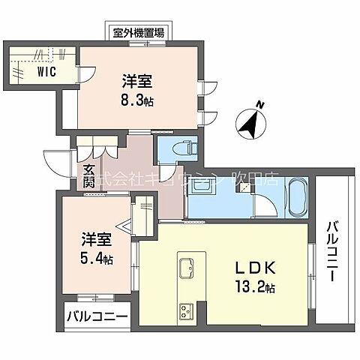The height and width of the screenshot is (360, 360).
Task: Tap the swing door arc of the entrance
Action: coord(56,160)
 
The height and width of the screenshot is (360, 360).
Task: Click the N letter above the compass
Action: coord(259,103)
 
